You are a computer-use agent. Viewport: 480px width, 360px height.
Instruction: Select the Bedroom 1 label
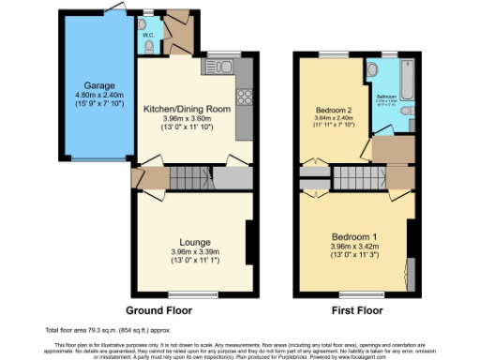352,237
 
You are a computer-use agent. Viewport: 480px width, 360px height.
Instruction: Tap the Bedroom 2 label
335,111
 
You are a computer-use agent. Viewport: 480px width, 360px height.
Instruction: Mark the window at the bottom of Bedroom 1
353,293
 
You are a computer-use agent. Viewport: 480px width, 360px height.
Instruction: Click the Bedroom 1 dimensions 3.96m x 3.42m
352,248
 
